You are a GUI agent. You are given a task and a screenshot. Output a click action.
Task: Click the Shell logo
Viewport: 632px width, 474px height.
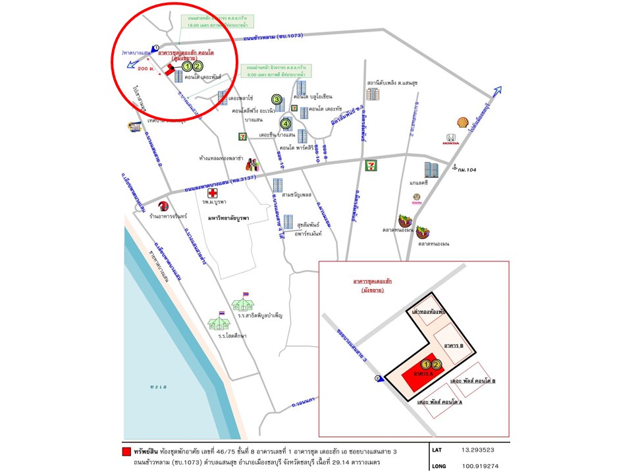click(x=463, y=123)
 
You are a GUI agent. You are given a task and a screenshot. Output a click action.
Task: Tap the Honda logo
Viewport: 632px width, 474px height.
click(x=451, y=140)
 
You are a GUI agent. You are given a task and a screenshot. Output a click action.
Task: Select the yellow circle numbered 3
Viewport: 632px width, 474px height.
click(x=278, y=99)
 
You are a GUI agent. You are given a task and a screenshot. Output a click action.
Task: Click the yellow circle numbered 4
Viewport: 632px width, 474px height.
click(x=286, y=122)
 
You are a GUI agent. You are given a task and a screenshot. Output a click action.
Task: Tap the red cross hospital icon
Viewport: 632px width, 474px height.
click(x=213, y=193)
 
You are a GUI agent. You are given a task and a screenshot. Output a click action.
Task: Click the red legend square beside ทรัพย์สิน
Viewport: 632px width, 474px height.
click(x=127, y=452)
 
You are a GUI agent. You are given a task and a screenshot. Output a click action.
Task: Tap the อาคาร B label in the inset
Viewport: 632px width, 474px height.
click(x=454, y=345)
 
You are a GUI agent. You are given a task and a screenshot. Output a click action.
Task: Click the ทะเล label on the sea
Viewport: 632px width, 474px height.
click(x=157, y=387)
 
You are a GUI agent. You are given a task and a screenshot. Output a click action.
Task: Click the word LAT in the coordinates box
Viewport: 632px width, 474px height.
click(x=438, y=451)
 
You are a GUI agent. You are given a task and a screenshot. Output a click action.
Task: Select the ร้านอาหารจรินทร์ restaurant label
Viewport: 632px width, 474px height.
click(x=169, y=216)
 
